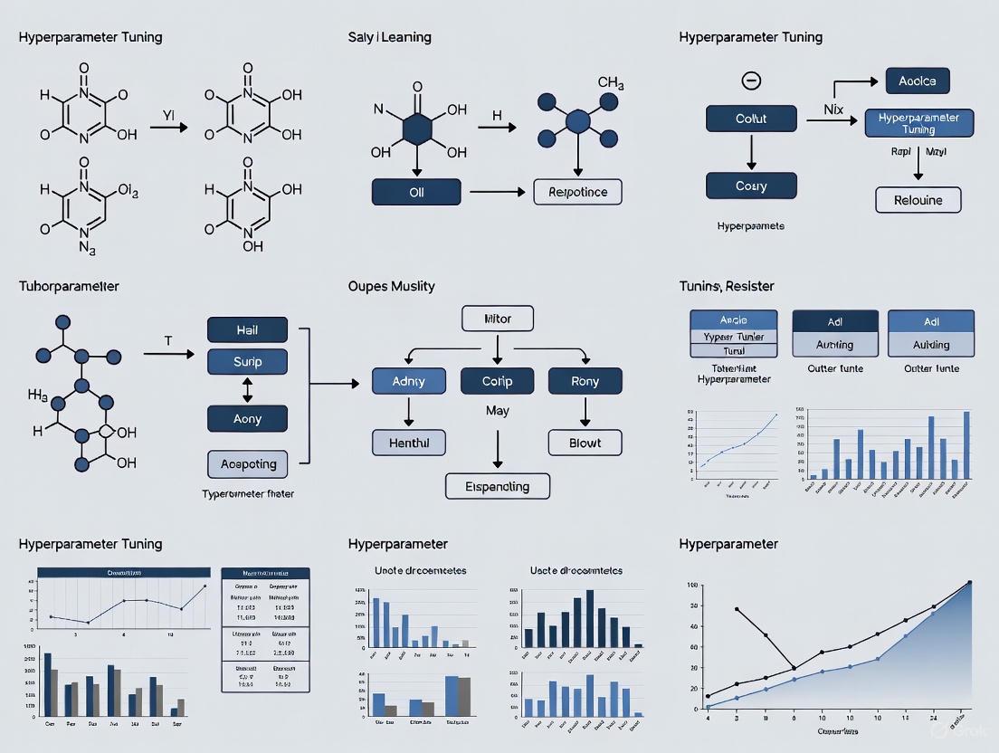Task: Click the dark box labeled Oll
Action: tap(416, 192)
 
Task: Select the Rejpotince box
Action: tap(578, 192)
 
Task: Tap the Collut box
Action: tap(750, 119)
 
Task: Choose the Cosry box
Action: tap(750, 186)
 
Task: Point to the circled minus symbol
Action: tap(750, 81)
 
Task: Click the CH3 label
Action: tap(611, 83)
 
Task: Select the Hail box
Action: tap(247, 330)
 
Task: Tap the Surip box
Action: tap(247, 362)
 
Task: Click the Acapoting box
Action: tap(247, 463)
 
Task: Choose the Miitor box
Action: tap(498, 319)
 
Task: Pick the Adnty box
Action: tap(409, 381)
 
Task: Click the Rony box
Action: tap(585, 381)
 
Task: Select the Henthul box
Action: tap(409, 442)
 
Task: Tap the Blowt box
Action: tap(585, 442)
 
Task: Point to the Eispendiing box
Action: tap(498, 485)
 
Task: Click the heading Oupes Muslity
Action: tap(391, 286)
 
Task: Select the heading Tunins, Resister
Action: tap(726, 286)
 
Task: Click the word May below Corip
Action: tap(497, 411)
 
